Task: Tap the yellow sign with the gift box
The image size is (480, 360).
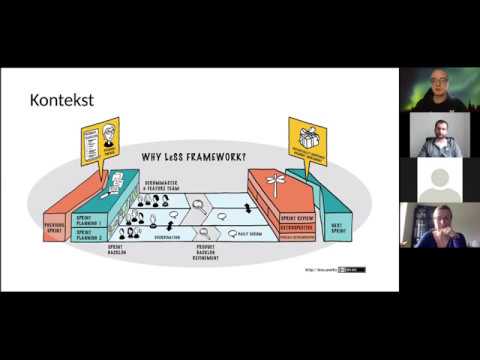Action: click(307, 140)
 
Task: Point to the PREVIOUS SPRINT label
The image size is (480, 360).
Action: click(54, 228)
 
